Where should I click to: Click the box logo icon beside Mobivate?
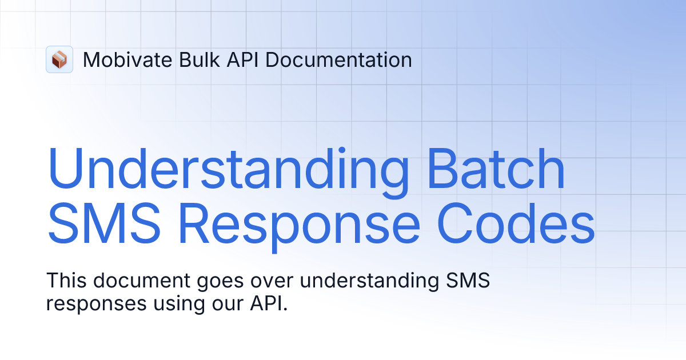click(59, 59)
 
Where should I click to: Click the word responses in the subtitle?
click(96, 304)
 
